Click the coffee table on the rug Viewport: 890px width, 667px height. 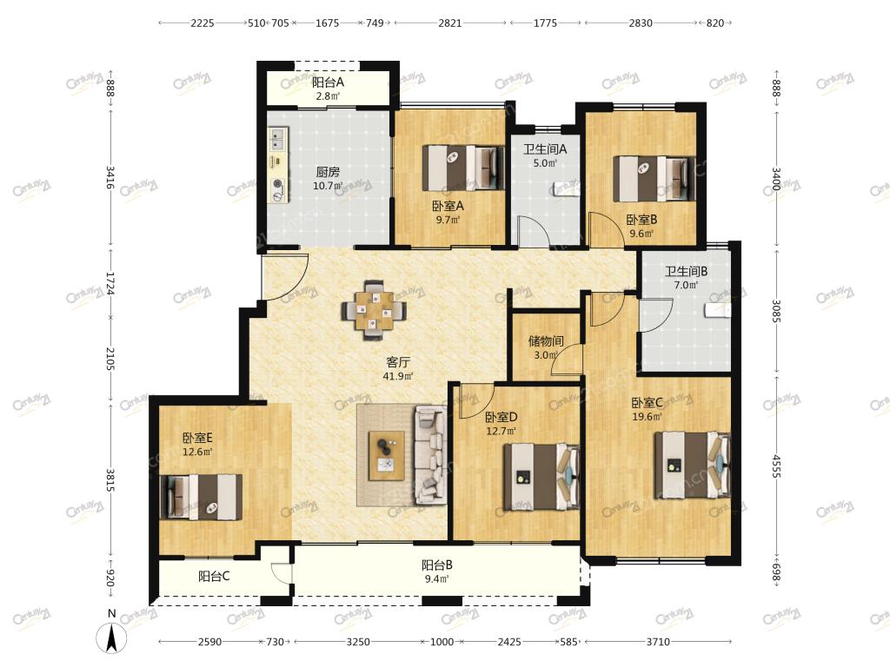387,455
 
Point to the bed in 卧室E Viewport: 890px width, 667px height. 202,497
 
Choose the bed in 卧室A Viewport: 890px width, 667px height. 463,168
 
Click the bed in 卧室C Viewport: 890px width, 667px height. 692,466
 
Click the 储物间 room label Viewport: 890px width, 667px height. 546,340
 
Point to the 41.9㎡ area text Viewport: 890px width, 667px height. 398,376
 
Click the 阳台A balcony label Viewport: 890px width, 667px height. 328,83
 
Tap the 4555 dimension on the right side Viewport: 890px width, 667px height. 776,466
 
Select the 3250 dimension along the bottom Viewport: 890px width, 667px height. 358,642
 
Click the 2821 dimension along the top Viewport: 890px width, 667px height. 450,23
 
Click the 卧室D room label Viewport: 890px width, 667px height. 501,418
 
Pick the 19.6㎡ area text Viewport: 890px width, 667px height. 648,417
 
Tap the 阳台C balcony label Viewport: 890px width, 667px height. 214,577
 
